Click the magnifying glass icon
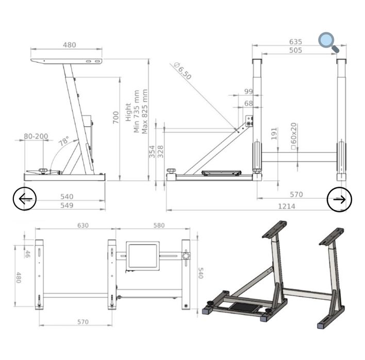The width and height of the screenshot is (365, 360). tap(328, 42)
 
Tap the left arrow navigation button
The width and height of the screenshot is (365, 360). tap(25, 198)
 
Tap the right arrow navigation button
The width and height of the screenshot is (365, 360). tap(339, 199)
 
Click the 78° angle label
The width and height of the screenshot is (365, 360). tap(63, 141)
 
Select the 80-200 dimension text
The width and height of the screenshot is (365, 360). tap(36, 137)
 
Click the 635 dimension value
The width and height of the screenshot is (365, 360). tap(295, 42)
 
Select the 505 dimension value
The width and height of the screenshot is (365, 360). tap(295, 50)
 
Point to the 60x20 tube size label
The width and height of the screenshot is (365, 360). tap(293, 136)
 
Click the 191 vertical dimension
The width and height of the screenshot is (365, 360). tap(274, 133)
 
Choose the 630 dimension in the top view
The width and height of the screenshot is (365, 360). tap(83, 225)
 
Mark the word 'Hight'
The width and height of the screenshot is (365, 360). tap(128, 112)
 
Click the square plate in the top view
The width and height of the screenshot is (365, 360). tap(143, 255)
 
